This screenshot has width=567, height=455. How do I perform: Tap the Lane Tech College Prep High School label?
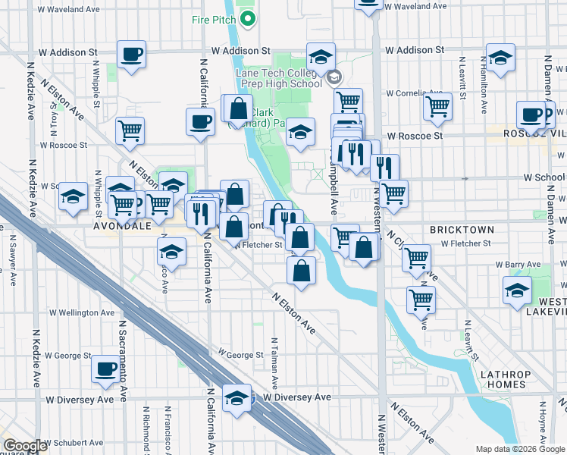point(278,78)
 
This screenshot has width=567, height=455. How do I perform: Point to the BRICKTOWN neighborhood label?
point(462,229)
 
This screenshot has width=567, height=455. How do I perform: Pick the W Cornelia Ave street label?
point(414,94)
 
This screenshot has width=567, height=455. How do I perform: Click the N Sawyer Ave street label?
point(13,260)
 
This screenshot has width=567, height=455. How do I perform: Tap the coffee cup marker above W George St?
point(106,369)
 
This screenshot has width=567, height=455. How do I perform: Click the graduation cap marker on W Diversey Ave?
point(237,397)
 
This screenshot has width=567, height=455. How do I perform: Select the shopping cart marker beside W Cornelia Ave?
point(437,106)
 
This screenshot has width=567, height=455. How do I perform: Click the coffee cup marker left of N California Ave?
point(201,121)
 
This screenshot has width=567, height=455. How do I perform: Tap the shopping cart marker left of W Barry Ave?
point(417,257)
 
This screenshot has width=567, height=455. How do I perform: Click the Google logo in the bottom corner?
point(25,446)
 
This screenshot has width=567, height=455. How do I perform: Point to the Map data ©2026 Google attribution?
point(520,449)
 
